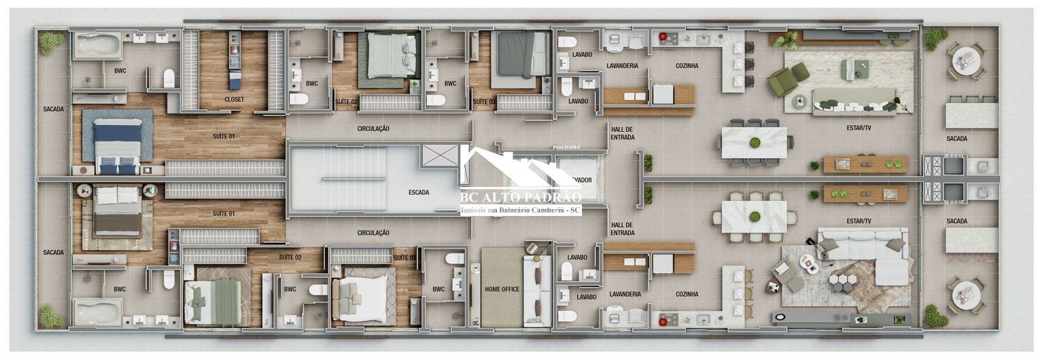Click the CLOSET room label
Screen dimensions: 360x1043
coord(234,100)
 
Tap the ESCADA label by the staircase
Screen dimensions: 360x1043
coord(418,192)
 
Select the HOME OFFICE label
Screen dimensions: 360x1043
coord(502,289)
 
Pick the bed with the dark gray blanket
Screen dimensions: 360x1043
coord(522,54)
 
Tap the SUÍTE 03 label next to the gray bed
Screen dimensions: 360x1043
coord(484,102)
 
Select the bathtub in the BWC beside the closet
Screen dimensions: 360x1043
coord(97,46)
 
